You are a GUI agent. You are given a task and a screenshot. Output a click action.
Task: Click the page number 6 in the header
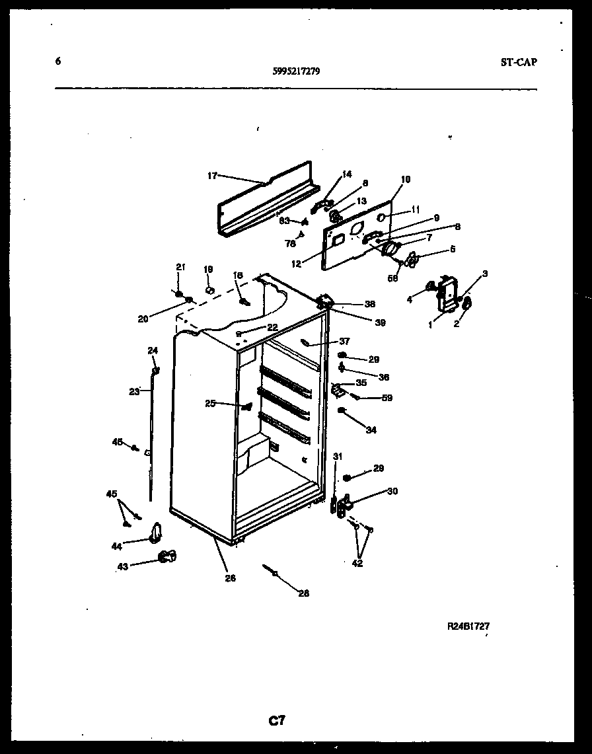[x=58, y=61]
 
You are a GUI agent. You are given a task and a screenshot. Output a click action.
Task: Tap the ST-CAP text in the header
[x=519, y=63]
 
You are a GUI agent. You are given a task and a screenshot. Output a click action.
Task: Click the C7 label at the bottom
[x=277, y=720]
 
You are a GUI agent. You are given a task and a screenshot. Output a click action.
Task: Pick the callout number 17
[x=211, y=176]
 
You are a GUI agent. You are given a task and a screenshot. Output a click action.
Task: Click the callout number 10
[x=405, y=179]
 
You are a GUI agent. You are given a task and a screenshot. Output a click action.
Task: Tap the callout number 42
[x=357, y=563]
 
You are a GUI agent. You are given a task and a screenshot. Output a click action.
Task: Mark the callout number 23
[x=134, y=391]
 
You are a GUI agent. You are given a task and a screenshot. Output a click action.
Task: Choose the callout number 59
[x=387, y=398]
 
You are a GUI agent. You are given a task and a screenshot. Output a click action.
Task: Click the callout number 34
[x=371, y=430]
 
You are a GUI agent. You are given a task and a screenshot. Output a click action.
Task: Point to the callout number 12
[x=296, y=264]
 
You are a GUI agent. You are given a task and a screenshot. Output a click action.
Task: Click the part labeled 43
[x=167, y=557]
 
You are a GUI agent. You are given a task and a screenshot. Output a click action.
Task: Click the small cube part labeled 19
[x=209, y=289]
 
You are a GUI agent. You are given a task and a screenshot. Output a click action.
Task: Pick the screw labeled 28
[x=272, y=569]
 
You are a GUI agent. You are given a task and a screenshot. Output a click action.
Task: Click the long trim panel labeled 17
[x=264, y=198]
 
